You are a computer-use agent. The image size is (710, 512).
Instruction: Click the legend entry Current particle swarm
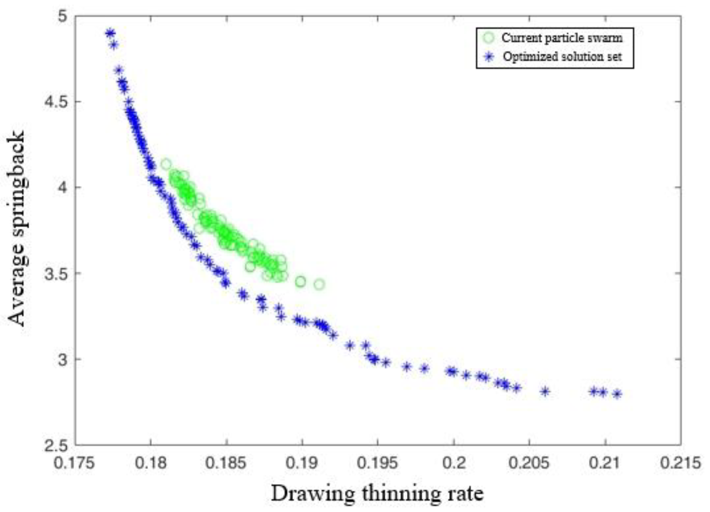click(x=562, y=38)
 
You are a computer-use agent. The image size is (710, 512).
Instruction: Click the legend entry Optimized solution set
click(x=562, y=57)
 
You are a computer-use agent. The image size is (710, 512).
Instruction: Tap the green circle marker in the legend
click(x=489, y=38)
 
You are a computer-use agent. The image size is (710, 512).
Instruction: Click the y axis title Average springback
click(x=16, y=228)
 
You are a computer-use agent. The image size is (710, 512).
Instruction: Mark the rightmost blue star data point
click(x=617, y=394)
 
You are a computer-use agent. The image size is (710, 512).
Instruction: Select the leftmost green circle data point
click(x=166, y=164)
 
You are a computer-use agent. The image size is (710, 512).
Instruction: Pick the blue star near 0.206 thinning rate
click(x=545, y=391)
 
